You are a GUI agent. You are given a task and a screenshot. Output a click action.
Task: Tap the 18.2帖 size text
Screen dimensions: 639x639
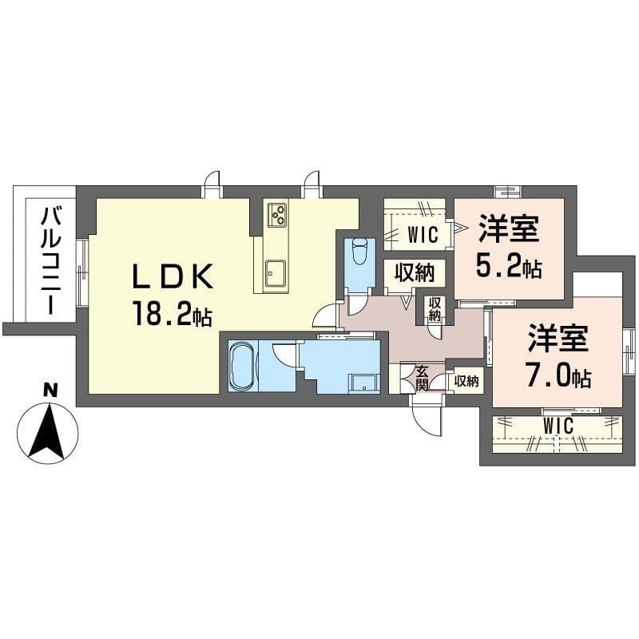pyautogui.click(x=172, y=316)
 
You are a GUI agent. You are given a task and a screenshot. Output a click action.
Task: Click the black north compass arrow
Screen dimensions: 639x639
pyautogui.click(x=48, y=431)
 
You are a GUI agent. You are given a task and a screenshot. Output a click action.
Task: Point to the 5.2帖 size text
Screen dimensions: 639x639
pyautogui.click(x=509, y=266)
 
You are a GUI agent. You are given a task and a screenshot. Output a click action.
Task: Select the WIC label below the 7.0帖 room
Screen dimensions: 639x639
pyautogui.click(x=558, y=427)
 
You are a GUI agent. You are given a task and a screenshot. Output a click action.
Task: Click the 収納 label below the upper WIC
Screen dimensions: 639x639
pyautogui.click(x=414, y=272)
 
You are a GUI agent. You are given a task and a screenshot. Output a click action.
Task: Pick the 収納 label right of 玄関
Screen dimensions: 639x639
pyautogui.click(x=466, y=381)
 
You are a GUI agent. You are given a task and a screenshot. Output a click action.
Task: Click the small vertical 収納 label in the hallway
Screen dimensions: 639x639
pyautogui.click(x=434, y=309)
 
